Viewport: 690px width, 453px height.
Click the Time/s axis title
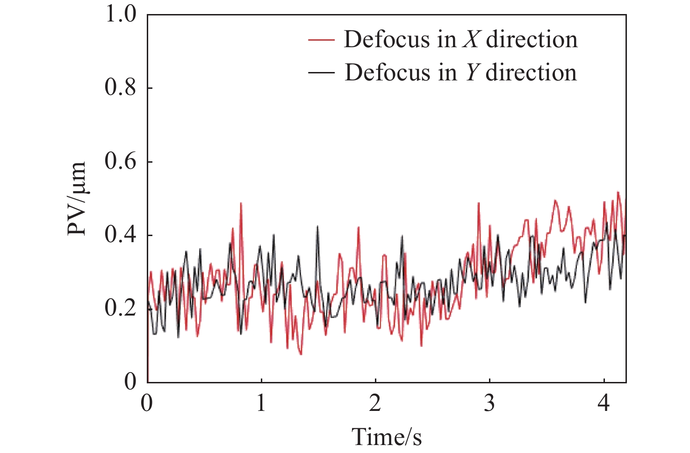pos(387,437)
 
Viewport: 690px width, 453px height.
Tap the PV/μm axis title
pos(77,198)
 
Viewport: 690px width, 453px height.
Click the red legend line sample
pos(322,40)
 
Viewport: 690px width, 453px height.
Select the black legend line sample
pos(322,72)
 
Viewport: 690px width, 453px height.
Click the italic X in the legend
pos(471,40)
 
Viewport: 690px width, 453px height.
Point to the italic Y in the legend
pos(472,72)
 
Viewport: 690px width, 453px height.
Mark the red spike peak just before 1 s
pos(241,203)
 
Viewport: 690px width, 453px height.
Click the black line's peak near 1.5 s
pos(317,226)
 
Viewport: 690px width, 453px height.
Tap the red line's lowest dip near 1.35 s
pos(301,354)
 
